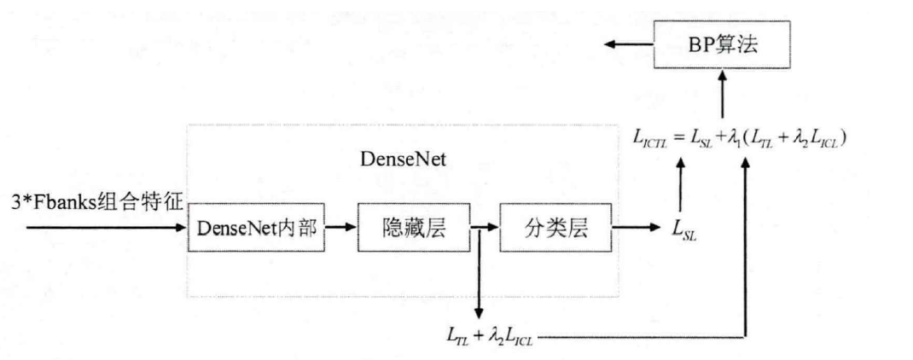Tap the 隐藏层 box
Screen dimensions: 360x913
(410, 228)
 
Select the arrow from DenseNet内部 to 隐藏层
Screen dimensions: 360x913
(342, 228)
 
